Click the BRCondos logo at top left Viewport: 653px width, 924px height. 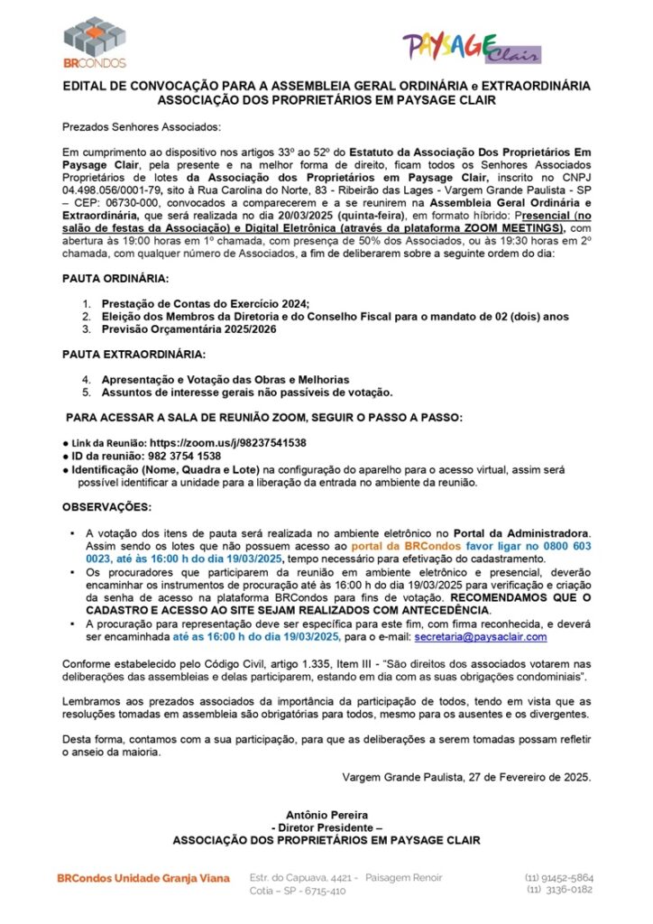pos(94,42)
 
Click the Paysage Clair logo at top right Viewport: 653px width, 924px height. pos(472,47)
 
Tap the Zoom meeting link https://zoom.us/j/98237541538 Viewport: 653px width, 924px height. pos(227,443)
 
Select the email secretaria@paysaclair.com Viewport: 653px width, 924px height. pos(481,638)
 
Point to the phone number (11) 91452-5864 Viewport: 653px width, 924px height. pos(558,877)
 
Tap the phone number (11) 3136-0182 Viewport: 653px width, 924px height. pos(559,890)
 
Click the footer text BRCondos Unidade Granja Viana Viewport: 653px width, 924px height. pos(143,877)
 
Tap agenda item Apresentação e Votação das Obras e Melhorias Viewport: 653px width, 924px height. pos(225,379)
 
